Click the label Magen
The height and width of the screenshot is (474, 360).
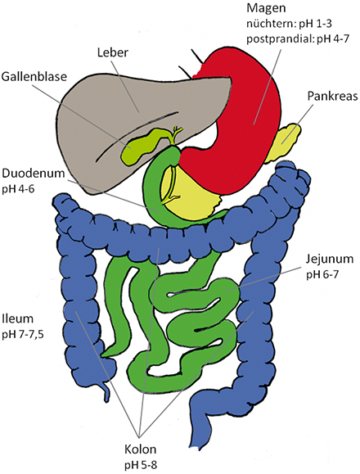point(266,8)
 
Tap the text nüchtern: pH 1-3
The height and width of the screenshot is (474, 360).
point(290,24)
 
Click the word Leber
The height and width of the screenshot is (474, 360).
point(112,52)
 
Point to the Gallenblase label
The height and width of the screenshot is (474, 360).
point(34,76)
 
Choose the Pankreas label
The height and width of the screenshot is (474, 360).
point(332,96)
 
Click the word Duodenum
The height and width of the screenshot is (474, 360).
point(34,174)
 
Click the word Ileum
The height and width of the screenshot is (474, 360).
point(17,319)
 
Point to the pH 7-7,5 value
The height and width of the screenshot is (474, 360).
point(23,336)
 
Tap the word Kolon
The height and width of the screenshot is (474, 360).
point(141,449)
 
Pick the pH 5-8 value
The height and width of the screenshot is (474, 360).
point(141,465)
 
